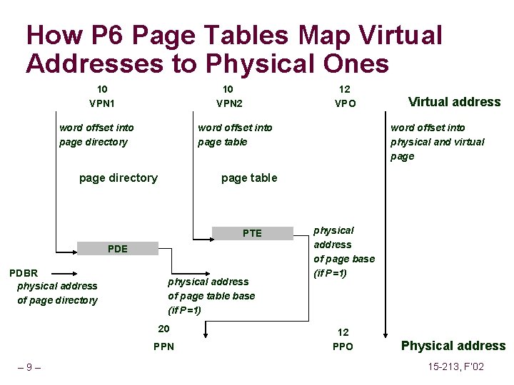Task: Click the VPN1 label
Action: tap(102, 103)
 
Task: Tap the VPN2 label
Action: tap(229, 103)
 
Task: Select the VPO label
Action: tap(345, 103)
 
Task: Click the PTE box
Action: tap(252, 233)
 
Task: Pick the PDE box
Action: tap(117, 249)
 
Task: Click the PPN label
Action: tap(163, 347)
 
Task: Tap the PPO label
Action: tap(343, 347)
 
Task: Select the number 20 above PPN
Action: tap(163, 329)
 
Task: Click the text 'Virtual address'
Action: tap(454, 102)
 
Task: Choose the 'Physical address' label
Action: tap(453, 346)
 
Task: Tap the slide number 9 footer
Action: tap(29, 368)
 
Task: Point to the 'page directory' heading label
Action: tap(118, 178)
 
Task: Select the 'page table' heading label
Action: tap(249, 178)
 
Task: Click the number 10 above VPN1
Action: tap(102, 89)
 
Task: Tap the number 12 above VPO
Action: tap(345, 89)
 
